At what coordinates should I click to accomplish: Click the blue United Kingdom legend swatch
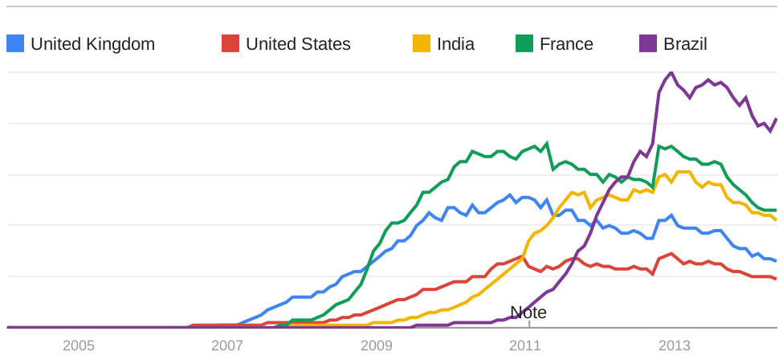click(15, 43)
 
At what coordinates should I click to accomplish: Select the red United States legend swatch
click(230, 43)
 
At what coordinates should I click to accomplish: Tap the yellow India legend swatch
click(422, 43)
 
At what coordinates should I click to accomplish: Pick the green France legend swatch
click(524, 43)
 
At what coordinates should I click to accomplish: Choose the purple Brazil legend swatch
click(648, 43)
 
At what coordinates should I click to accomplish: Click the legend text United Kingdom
click(92, 44)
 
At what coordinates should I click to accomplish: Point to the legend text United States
click(298, 44)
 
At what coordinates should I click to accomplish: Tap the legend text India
click(455, 44)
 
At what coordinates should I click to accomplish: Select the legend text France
click(566, 44)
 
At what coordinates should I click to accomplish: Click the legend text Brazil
click(685, 44)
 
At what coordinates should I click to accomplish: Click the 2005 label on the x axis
click(79, 346)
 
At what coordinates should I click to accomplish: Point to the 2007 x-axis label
click(227, 346)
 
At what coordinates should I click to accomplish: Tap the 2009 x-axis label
click(377, 346)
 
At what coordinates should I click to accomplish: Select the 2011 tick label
click(525, 346)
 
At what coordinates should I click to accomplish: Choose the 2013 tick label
click(675, 346)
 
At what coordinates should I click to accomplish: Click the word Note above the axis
click(528, 313)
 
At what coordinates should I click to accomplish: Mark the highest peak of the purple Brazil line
click(671, 73)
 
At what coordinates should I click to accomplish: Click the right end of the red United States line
click(776, 279)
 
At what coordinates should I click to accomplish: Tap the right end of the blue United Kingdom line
click(776, 260)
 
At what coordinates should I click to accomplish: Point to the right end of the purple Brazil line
click(776, 120)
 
